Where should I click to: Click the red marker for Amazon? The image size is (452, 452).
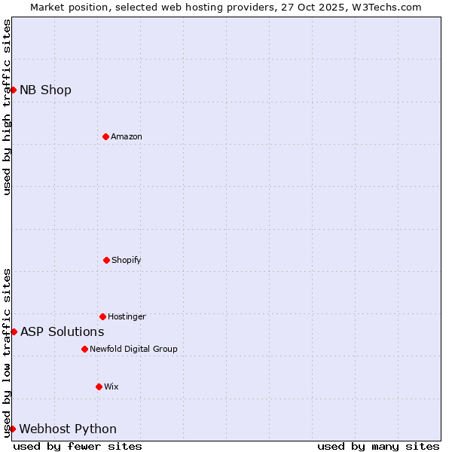105,136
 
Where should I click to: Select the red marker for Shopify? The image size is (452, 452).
106,260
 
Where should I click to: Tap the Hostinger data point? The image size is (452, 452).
102,316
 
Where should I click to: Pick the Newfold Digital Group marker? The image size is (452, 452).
84,349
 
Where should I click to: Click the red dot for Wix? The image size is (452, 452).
99,386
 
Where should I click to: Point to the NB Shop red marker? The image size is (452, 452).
13,90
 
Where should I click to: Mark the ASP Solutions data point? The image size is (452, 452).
14,331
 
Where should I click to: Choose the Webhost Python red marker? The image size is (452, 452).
12,429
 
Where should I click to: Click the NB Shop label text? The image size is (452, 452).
45,90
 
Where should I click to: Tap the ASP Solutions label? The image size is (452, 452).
62,331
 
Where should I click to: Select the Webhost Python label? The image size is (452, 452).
68,429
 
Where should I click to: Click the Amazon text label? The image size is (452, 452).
127,136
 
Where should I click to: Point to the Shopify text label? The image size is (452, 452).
127,260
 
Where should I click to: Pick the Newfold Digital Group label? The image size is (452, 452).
133,349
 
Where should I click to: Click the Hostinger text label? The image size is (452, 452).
127,316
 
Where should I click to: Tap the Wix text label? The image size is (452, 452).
111,386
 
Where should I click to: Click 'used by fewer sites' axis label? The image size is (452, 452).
78,446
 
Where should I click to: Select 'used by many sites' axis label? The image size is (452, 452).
378,446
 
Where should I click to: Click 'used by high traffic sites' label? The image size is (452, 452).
7,107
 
